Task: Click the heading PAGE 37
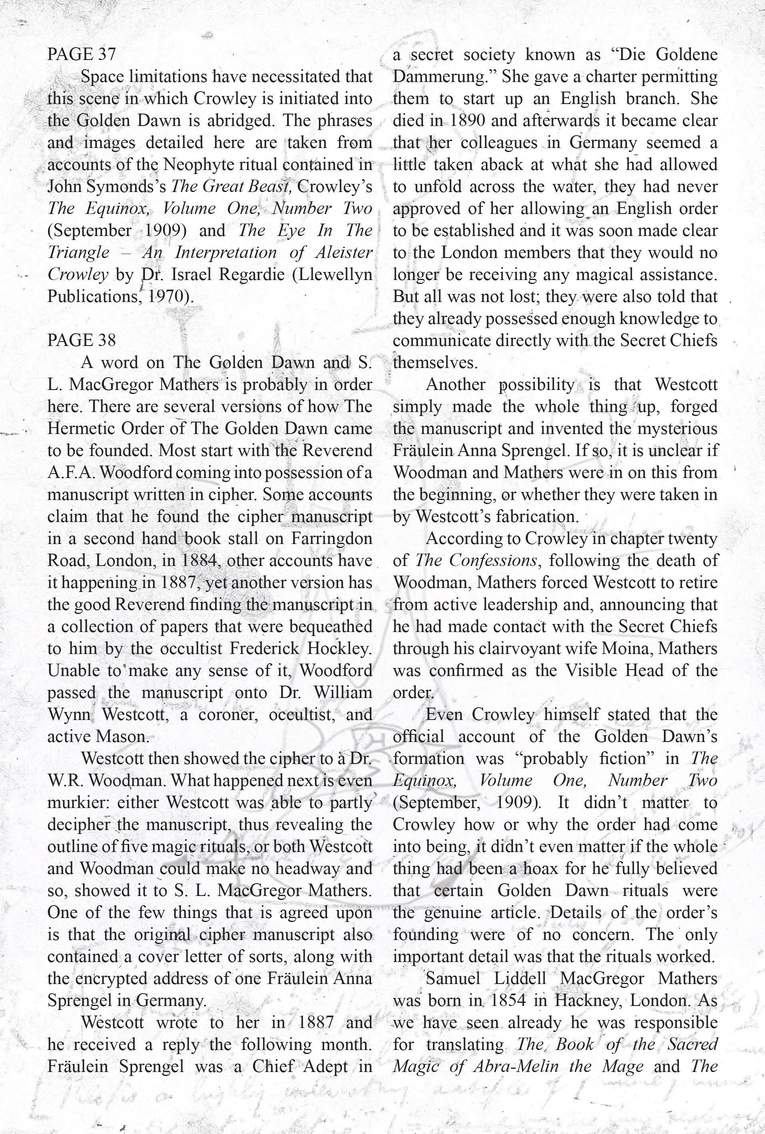pyautogui.click(x=82, y=54)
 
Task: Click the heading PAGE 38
pyautogui.click(x=82, y=340)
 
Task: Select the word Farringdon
pyautogui.click(x=332, y=538)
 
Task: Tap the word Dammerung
pyautogui.click(x=444, y=77)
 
